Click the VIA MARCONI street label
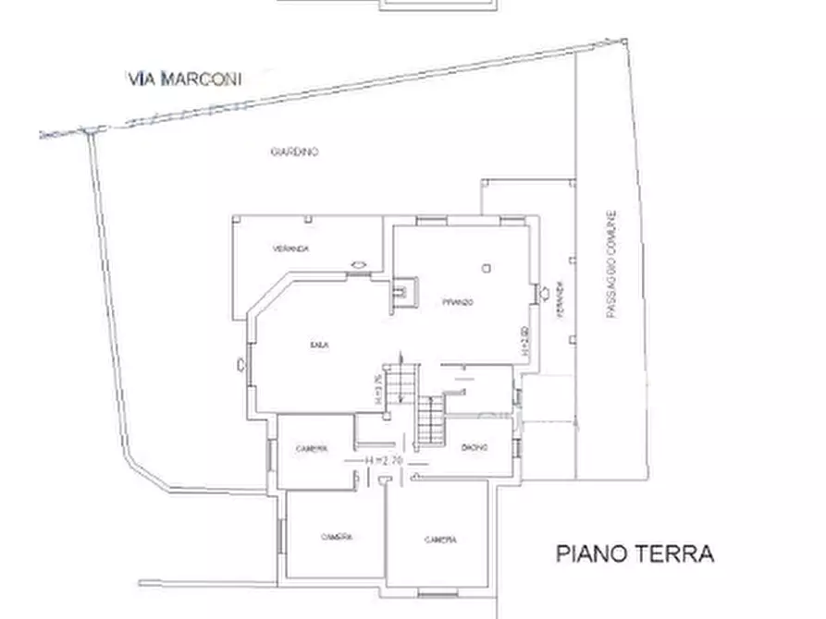[x=185, y=79]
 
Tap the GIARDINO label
[x=295, y=152]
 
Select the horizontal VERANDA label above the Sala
[x=290, y=249]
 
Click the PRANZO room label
[x=458, y=303]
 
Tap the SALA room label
[x=320, y=345]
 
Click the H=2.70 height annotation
[x=382, y=460]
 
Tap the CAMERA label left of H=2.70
[x=312, y=449]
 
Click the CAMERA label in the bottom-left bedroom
[x=337, y=537]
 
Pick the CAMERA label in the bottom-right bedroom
[x=440, y=540]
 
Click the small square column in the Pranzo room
[x=486, y=269]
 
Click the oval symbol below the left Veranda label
[x=358, y=265]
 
